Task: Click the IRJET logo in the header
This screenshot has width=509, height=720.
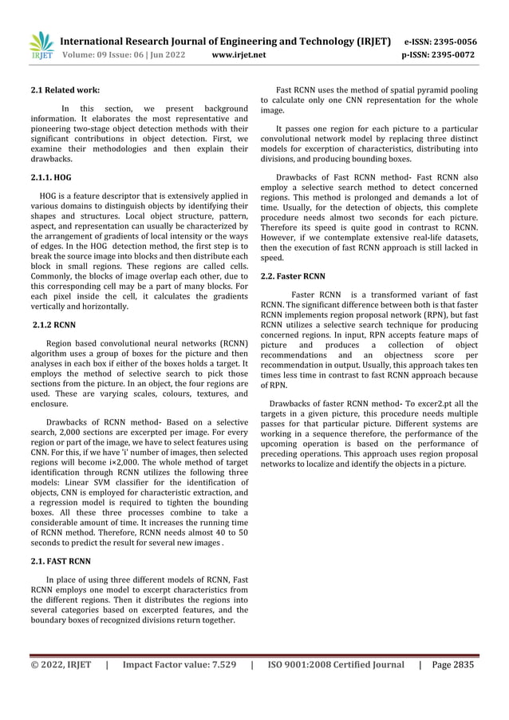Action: click(x=40, y=46)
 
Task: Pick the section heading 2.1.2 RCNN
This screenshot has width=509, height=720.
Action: click(x=55, y=325)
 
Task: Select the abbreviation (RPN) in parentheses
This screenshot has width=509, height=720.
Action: click(x=416, y=313)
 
